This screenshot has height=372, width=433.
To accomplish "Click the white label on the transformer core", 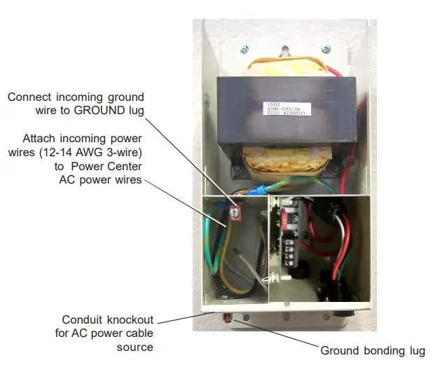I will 284,109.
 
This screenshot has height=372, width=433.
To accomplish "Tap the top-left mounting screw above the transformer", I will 244,50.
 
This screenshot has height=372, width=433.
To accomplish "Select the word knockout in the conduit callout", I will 130,319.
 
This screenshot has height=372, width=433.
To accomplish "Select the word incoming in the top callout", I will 75,97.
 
